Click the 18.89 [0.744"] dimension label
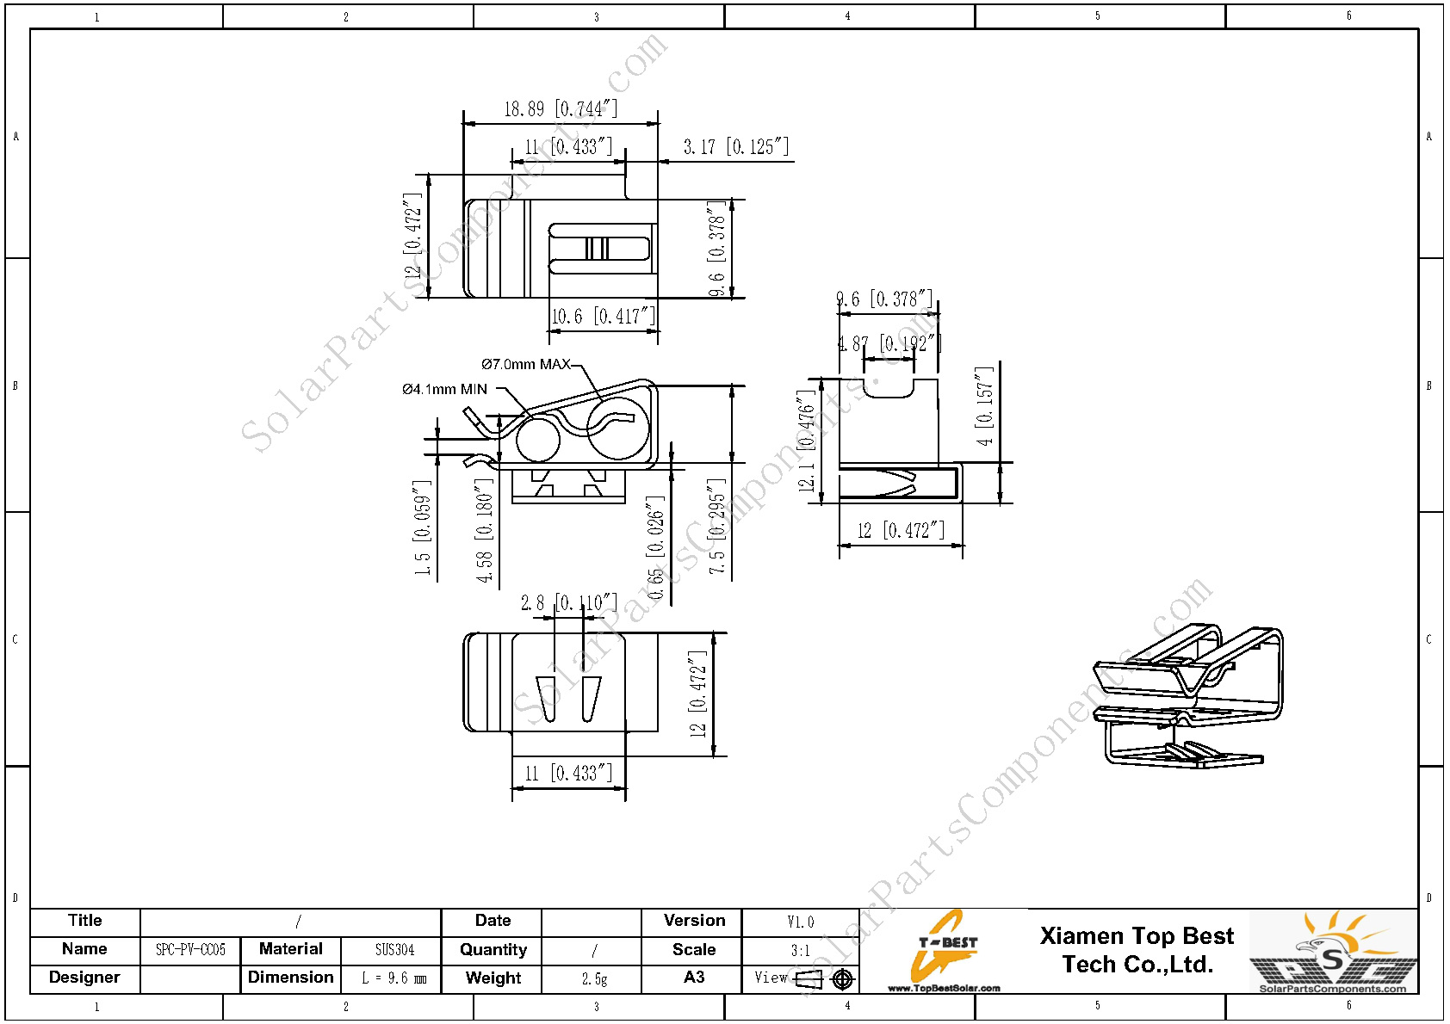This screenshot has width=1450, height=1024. pos(561,109)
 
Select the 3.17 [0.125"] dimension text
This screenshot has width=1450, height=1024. pos(735,147)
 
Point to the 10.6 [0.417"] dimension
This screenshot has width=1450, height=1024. pos(603,317)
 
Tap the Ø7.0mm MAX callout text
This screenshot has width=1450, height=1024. pos(525,365)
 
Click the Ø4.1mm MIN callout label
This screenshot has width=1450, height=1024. pos(444,390)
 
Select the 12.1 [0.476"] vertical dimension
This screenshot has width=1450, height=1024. pos(806,441)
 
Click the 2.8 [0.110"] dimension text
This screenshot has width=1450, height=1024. pos(568,603)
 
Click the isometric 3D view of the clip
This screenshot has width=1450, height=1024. pos(1188,697)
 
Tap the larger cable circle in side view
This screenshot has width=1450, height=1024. pos(618,428)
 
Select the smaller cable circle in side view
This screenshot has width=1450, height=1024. pos(538,440)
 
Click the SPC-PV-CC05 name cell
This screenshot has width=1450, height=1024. pos(190,950)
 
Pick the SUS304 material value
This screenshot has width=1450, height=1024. pos(394,950)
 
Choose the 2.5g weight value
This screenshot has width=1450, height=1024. pos(594,978)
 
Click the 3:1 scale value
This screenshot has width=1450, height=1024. pos(800,951)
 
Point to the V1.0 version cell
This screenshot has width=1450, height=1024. pos(800,922)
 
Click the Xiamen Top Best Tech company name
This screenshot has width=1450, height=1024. pos(1137,950)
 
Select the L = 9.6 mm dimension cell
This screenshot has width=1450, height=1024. pos(393,978)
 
